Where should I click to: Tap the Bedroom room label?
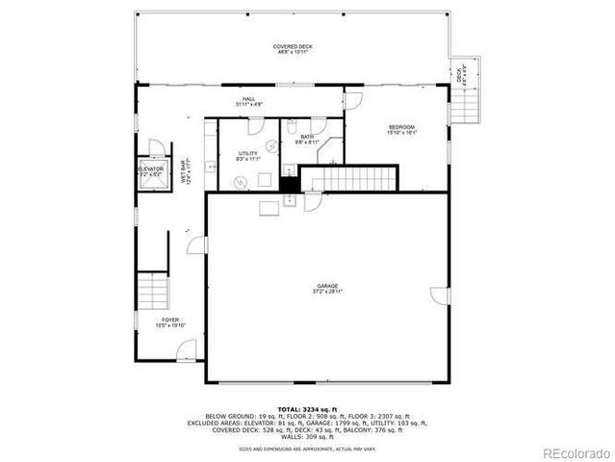401,130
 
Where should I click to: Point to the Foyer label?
170,322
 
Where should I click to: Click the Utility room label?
247,156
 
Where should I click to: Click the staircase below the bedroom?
348,178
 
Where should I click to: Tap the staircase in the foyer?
152,289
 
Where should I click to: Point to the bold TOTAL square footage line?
309,408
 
